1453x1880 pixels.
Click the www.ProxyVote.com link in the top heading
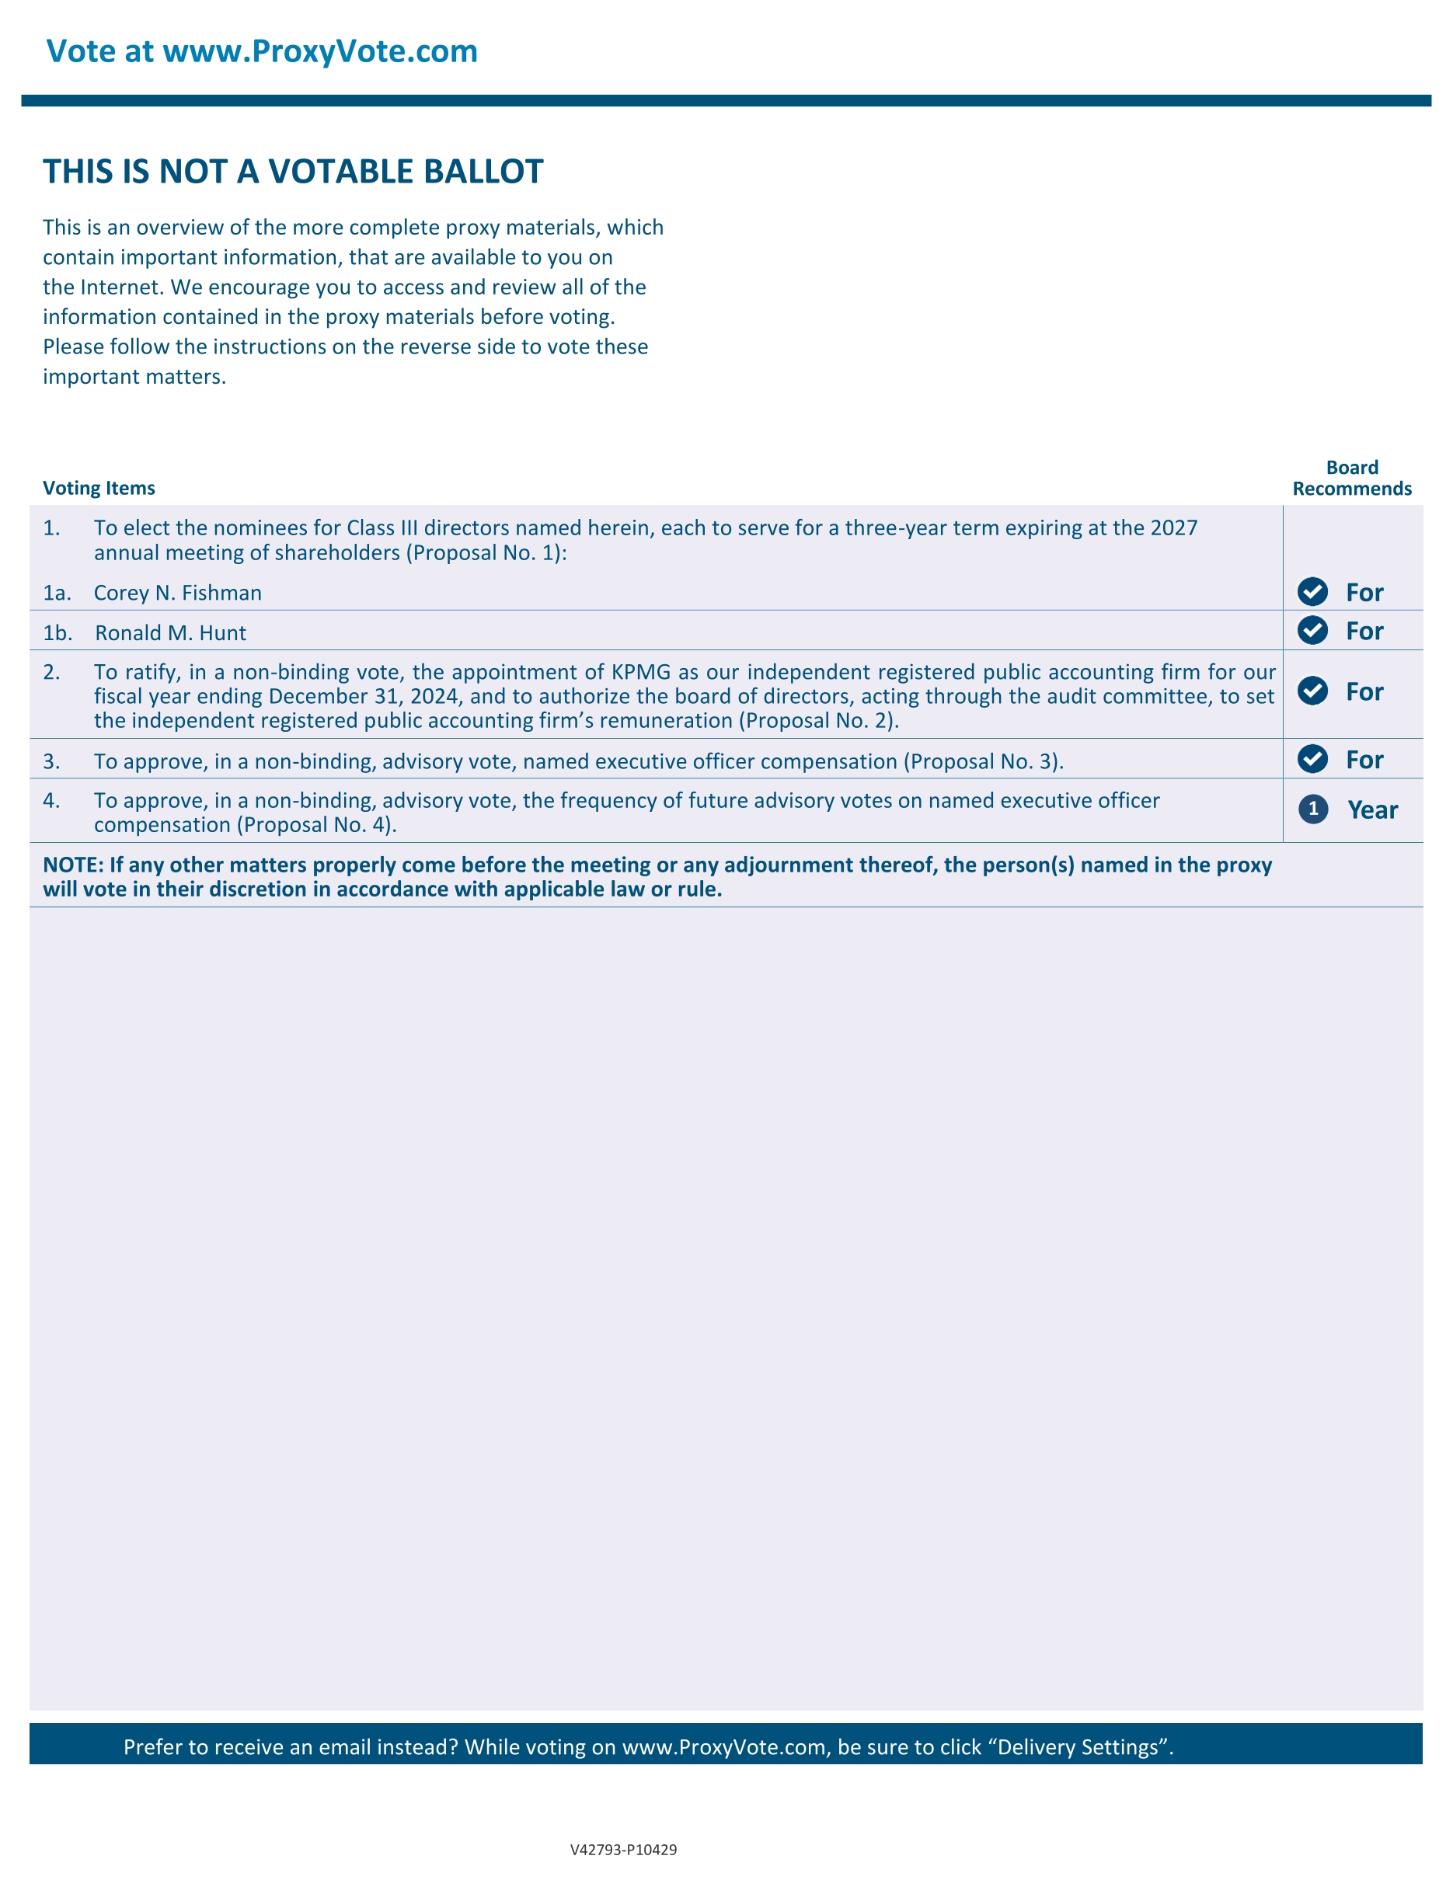point(319,51)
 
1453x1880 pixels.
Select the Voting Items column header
point(99,488)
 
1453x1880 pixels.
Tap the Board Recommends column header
point(1351,479)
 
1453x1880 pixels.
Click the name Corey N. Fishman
point(177,593)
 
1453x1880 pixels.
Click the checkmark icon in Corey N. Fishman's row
point(1312,592)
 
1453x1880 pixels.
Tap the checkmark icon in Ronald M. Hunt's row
point(1312,631)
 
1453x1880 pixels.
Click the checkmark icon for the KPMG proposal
point(1312,691)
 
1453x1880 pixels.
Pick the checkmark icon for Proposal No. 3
point(1312,759)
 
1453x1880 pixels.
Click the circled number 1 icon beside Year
point(1312,809)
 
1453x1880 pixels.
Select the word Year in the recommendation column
point(1372,810)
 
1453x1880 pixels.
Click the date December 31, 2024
point(362,696)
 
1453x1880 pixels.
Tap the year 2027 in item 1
point(1173,527)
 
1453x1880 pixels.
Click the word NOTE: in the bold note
point(73,865)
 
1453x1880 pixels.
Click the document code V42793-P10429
point(623,1849)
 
